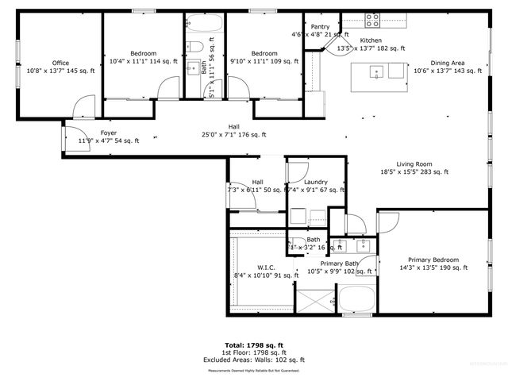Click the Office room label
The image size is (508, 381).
click(60, 63)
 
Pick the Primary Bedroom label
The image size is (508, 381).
click(433, 260)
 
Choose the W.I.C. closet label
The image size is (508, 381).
click(266, 267)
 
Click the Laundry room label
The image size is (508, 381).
click(316, 182)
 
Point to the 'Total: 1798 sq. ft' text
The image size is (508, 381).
click(253, 345)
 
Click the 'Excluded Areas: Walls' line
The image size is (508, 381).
click(253, 360)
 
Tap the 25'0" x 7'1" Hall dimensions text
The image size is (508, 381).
click(234, 135)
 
